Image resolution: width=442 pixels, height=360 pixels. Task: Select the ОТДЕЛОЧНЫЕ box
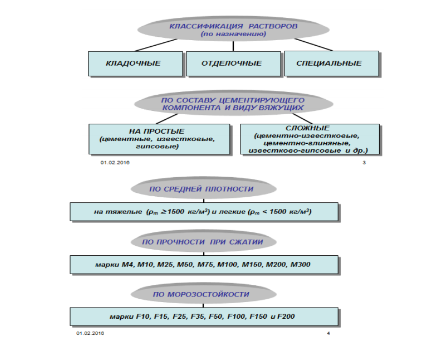(x=232, y=64)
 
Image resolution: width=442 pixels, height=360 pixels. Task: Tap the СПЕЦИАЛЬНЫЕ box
(x=332, y=64)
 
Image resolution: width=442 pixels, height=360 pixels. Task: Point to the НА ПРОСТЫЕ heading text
(x=158, y=130)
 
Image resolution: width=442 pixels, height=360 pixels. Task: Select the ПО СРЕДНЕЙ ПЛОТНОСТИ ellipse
(x=202, y=189)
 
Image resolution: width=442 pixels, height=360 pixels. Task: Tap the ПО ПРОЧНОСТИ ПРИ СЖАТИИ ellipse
(x=203, y=242)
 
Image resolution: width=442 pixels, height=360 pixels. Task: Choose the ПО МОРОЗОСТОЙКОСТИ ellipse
(x=202, y=294)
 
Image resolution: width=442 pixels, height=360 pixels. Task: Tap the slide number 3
(x=364, y=162)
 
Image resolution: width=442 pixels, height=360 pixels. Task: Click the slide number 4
(x=328, y=333)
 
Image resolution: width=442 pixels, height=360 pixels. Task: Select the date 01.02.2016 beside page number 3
(x=114, y=162)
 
